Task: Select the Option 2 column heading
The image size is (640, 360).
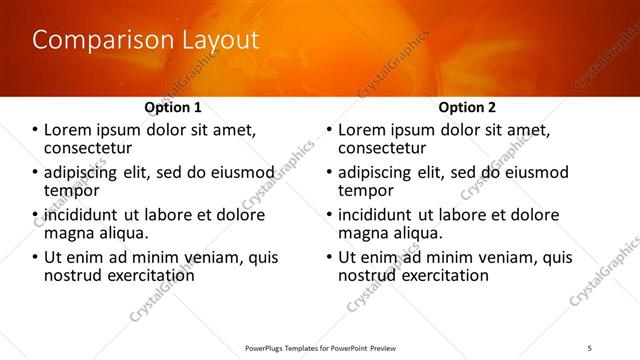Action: point(467,107)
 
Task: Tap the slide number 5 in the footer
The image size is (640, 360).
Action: point(590,348)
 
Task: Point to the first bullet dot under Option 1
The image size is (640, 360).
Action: point(36,130)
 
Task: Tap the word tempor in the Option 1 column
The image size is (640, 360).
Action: point(71,190)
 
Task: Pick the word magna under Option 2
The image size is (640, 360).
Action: point(361,233)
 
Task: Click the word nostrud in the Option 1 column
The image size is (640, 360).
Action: point(72,275)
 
